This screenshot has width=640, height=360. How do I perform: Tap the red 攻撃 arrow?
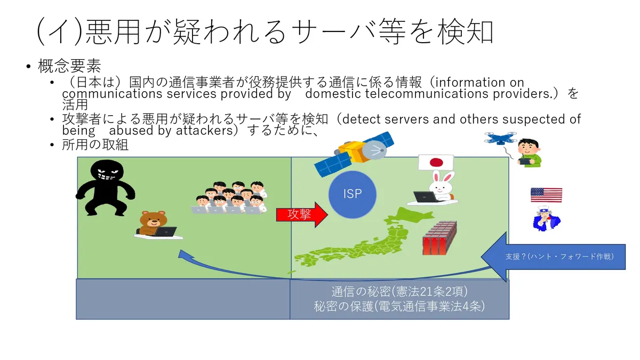(302, 215)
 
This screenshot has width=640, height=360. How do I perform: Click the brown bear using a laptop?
(153, 225)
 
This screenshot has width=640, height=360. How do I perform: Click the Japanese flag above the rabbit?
(436, 162)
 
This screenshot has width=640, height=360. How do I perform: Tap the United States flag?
(546, 195)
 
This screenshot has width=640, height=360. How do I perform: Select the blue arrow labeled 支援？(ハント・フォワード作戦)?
(555, 257)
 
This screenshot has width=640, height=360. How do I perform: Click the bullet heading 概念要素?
(69, 66)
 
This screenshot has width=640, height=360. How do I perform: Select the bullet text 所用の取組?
(95, 145)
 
